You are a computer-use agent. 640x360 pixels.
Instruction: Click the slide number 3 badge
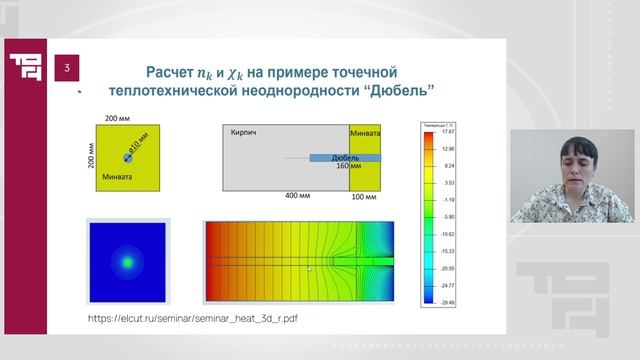click(x=66, y=68)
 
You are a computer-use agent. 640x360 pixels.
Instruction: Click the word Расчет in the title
click(x=177, y=73)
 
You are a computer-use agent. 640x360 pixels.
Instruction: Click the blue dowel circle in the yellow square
click(x=127, y=157)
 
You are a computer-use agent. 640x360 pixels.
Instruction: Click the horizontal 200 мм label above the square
click(x=126, y=118)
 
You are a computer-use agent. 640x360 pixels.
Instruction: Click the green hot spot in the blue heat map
click(x=127, y=262)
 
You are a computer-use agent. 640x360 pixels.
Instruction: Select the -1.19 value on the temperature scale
click(x=448, y=199)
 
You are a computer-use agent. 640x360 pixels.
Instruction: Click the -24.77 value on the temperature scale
click(x=448, y=285)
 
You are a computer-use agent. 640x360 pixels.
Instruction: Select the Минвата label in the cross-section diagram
click(x=365, y=132)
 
